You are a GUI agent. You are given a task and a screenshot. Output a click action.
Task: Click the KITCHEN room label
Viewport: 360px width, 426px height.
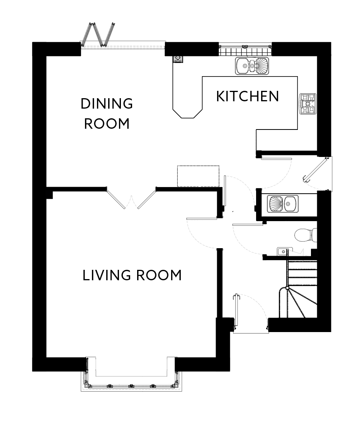tap(248, 96)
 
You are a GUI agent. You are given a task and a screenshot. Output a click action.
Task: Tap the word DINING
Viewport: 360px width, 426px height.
tap(107, 104)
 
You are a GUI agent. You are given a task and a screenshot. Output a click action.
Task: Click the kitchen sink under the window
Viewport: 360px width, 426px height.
tap(252, 66)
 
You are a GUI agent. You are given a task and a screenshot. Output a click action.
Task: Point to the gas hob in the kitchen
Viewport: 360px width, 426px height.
tap(308, 104)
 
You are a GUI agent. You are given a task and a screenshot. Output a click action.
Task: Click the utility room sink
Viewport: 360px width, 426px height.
tap(283, 203)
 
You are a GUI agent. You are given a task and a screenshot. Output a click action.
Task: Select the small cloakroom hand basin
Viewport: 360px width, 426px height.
tap(282, 252)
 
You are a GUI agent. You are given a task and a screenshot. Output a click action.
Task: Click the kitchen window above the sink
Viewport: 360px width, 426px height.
tap(245, 49)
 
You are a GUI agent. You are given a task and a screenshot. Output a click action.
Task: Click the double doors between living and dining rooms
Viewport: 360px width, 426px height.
tap(131, 198)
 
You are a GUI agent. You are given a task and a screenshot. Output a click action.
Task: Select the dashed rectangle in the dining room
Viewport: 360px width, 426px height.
tap(198, 176)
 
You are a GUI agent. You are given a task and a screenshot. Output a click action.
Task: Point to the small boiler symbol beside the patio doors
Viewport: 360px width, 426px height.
tap(178, 59)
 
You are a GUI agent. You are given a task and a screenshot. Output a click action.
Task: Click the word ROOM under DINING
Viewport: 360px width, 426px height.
tap(107, 124)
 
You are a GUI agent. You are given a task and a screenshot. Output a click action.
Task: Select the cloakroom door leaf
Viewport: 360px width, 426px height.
tap(248, 225)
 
